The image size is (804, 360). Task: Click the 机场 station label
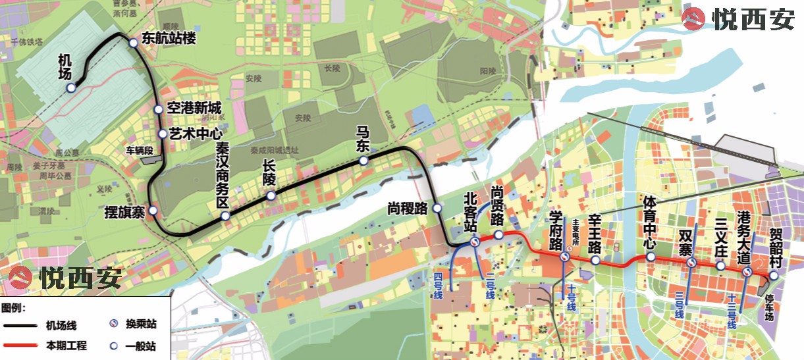point(65,65)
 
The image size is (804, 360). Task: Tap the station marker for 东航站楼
point(133,43)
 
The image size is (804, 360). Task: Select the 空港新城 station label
point(194,109)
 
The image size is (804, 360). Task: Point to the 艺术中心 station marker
point(163,134)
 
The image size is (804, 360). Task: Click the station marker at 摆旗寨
point(153,211)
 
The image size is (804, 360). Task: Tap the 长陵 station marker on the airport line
point(271,196)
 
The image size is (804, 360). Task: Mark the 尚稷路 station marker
point(438,209)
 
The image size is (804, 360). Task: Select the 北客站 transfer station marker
point(474,243)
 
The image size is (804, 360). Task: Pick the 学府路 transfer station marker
point(565,257)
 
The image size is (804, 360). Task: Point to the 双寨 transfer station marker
point(691,263)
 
